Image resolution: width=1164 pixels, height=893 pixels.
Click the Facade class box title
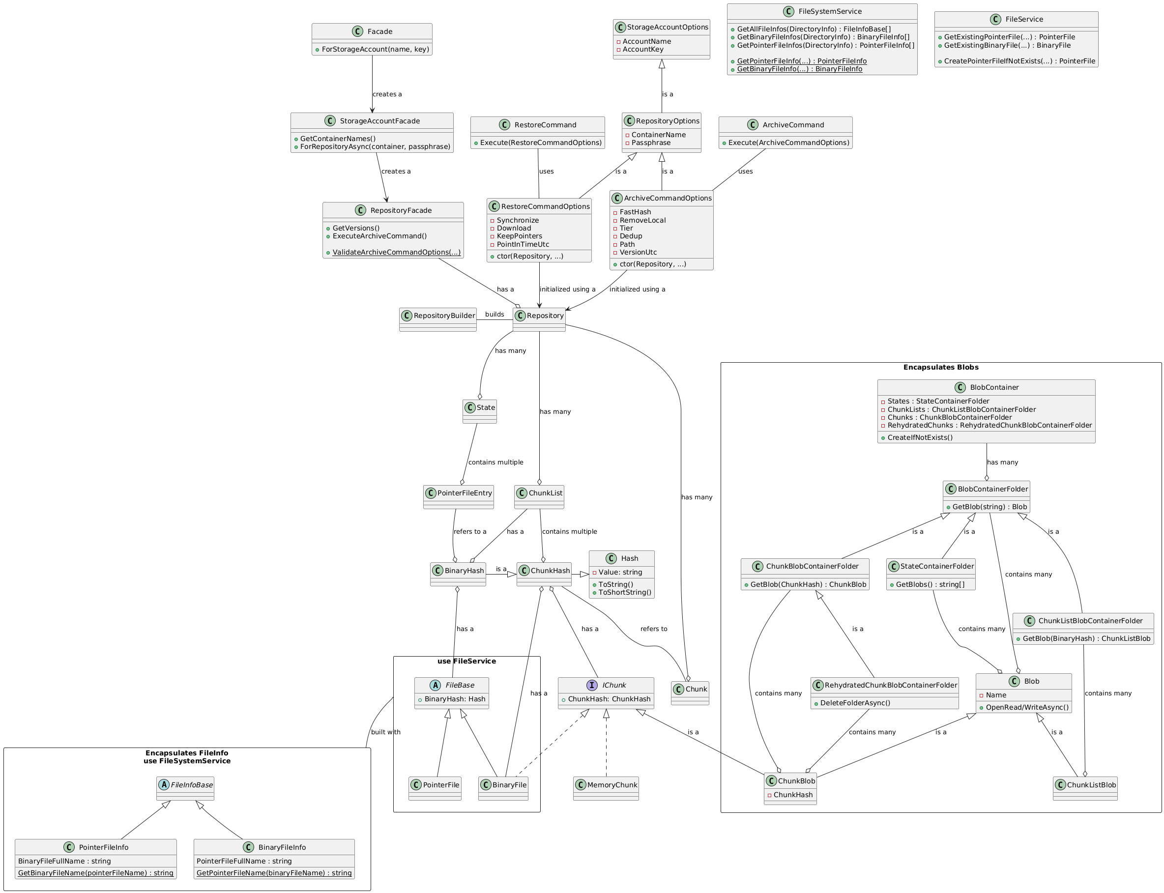(x=379, y=31)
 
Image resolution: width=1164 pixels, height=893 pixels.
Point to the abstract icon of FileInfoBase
(x=164, y=785)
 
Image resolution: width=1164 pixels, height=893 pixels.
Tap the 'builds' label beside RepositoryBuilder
(x=495, y=314)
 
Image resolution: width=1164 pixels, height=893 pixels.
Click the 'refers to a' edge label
(x=470, y=532)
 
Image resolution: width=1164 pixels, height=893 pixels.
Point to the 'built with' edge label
(x=386, y=732)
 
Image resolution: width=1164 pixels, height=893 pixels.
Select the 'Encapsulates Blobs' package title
(x=940, y=367)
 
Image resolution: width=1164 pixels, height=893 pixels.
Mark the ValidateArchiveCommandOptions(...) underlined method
(x=396, y=253)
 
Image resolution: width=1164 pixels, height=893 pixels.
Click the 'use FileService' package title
(x=466, y=661)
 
